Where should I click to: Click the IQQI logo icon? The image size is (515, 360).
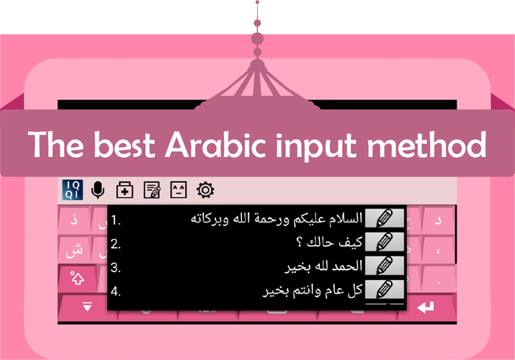pos(72,189)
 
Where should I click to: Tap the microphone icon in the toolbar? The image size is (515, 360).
pos(98,189)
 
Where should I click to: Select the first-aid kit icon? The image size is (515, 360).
pos(125,189)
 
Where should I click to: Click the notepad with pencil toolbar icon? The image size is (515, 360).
pos(152,189)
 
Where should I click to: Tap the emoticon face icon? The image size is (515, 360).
pos(179,189)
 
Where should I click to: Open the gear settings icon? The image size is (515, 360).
pos(205,189)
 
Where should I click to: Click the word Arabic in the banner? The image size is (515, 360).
pos(215,145)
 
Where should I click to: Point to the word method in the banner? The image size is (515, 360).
pos(427,145)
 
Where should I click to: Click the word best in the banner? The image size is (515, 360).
pos(125,145)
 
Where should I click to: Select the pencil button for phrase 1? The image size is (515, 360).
pos(385,217)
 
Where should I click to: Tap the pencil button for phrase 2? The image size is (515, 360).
pos(385,241)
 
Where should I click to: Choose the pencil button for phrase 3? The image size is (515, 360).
pos(385,266)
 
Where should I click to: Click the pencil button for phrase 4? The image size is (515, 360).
pos(385,289)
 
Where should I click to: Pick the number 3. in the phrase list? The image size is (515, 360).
pos(116,268)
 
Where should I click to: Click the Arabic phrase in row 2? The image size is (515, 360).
pos(329,243)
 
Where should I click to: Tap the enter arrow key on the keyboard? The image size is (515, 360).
pos(426,307)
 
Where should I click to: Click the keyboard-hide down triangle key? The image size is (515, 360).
pos(87,306)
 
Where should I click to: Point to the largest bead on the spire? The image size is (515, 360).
pos(257,39)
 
